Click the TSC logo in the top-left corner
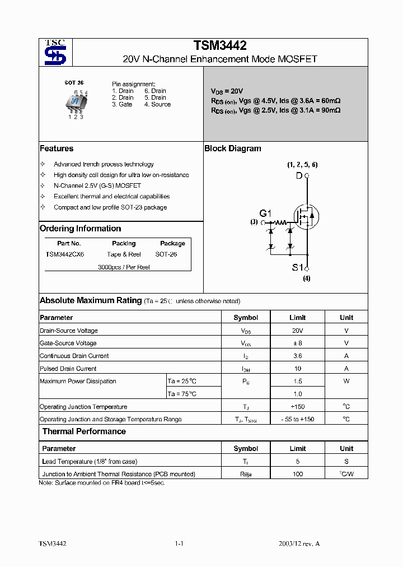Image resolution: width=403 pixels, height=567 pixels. click(x=55, y=52)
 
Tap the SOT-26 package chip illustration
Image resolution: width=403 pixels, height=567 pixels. click(x=75, y=102)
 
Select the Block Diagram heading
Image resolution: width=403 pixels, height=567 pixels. click(x=233, y=148)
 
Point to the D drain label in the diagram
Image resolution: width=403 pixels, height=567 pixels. click(x=299, y=176)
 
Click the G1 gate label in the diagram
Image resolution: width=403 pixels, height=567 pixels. click(x=265, y=213)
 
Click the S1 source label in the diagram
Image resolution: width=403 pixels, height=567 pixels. click(x=297, y=267)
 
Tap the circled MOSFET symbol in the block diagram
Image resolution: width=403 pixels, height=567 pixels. click(x=307, y=213)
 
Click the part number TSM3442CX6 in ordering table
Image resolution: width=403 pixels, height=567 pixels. click(x=65, y=254)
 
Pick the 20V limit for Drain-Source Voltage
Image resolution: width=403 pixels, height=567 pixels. click(x=297, y=331)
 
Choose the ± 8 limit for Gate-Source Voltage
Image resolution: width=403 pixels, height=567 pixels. click(x=297, y=343)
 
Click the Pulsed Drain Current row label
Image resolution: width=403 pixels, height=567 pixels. click(x=68, y=369)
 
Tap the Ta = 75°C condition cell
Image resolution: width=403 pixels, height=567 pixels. click(x=182, y=394)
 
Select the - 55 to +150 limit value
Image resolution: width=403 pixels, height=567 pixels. click(x=297, y=419)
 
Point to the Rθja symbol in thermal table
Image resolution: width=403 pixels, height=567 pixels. click(x=246, y=474)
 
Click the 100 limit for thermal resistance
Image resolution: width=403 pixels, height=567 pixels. click(x=297, y=474)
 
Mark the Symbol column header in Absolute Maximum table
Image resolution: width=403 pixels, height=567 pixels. click(x=246, y=317)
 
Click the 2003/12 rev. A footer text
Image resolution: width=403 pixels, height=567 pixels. click(x=299, y=543)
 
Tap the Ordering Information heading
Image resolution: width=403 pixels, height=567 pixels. click(x=80, y=229)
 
